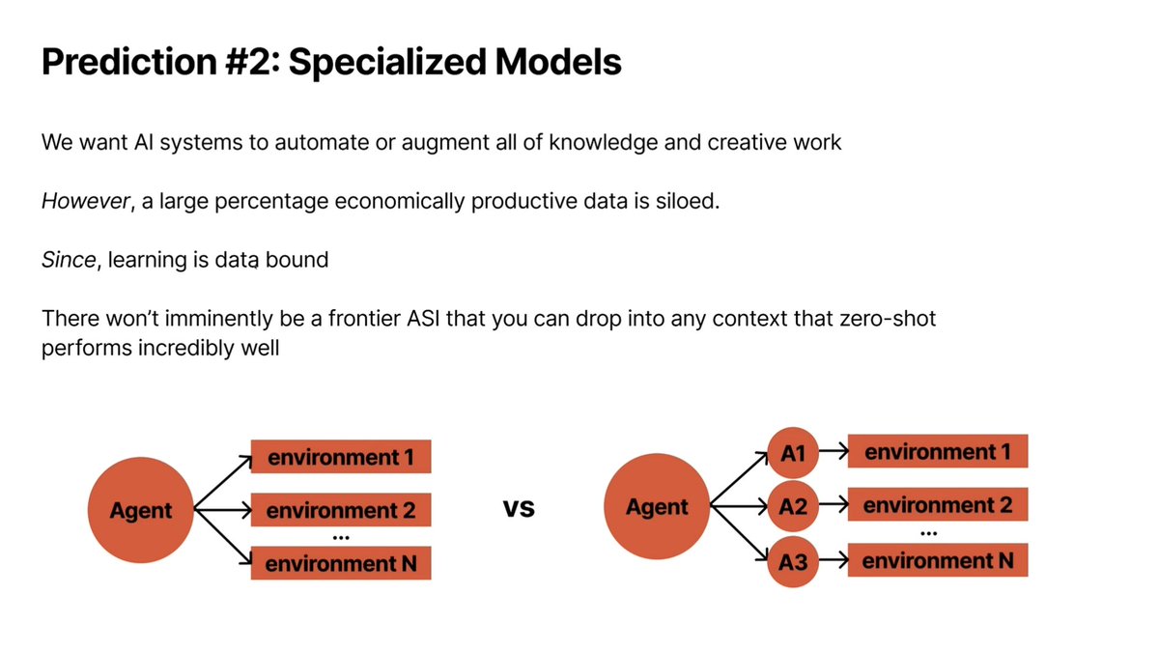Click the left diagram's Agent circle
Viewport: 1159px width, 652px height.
[140, 510]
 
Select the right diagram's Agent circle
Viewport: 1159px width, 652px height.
[657, 507]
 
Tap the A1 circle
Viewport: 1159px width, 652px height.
[793, 452]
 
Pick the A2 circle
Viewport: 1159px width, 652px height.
[793, 506]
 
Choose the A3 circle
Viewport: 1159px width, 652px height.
[793, 561]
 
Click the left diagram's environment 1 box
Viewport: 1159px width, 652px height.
[340, 457]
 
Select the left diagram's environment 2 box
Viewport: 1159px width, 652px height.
[340, 509]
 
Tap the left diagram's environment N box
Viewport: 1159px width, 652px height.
[340, 563]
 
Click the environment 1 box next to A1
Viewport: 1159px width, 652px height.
[937, 451]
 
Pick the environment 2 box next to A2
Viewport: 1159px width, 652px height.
[937, 505]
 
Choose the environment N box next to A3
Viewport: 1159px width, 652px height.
[937, 560]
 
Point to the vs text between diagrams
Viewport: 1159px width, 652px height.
[519, 508]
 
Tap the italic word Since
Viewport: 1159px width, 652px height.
[68, 261]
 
